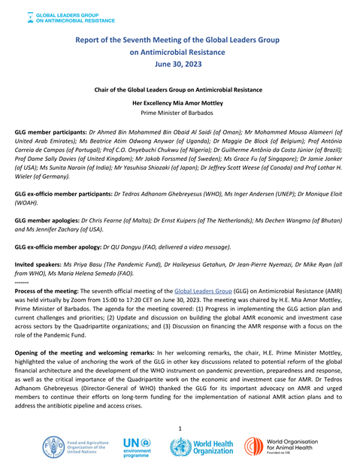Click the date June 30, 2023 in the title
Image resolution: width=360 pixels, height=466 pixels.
[180, 65]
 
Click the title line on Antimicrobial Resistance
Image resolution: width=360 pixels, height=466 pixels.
[180, 52]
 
